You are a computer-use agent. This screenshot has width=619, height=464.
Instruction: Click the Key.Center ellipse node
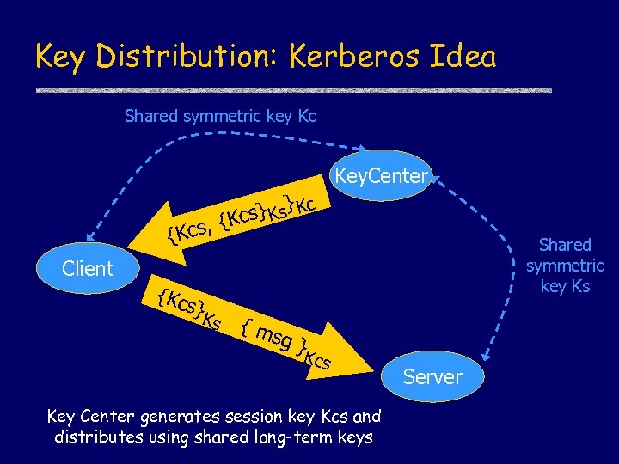click(x=381, y=177)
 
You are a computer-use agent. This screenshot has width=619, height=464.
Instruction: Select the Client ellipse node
click(x=88, y=268)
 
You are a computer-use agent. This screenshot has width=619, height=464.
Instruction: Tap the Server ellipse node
click(x=432, y=376)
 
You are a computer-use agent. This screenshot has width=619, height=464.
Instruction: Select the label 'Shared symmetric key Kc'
click(x=220, y=115)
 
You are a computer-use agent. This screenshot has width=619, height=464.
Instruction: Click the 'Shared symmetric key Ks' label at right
click(x=565, y=266)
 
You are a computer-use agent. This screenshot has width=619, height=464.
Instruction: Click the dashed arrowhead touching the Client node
click(x=92, y=232)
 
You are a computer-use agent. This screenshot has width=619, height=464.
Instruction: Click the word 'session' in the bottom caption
click(x=261, y=417)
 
